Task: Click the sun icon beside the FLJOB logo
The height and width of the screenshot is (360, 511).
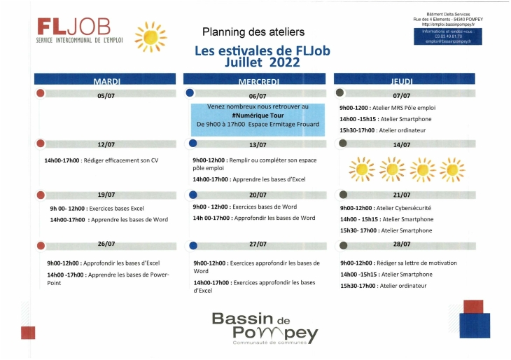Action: [x=150, y=36]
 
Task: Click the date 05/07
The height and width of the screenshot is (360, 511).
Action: [x=106, y=96]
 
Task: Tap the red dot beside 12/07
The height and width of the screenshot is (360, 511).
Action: [x=41, y=144]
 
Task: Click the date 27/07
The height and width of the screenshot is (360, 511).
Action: [x=257, y=244]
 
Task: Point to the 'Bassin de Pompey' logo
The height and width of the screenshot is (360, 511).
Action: [x=265, y=327]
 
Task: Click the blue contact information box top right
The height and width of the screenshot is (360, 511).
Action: [x=449, y=36]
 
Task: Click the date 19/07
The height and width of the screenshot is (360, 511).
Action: [x=106, y=195]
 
